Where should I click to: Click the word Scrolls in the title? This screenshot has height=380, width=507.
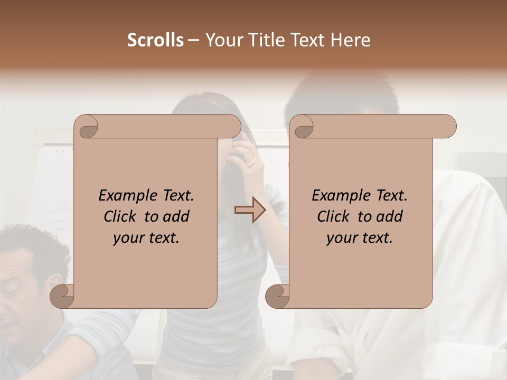click(155, 40)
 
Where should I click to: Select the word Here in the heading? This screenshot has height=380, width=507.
click(351, 40)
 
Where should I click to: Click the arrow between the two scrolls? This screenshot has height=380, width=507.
click(250, 210)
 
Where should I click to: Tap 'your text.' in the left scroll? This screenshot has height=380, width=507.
click(146, 237)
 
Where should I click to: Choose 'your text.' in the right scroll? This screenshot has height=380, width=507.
click(359, 237)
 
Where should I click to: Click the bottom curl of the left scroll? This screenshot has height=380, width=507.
click(62, 296)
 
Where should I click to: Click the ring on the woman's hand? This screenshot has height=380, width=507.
click(252, 160)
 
